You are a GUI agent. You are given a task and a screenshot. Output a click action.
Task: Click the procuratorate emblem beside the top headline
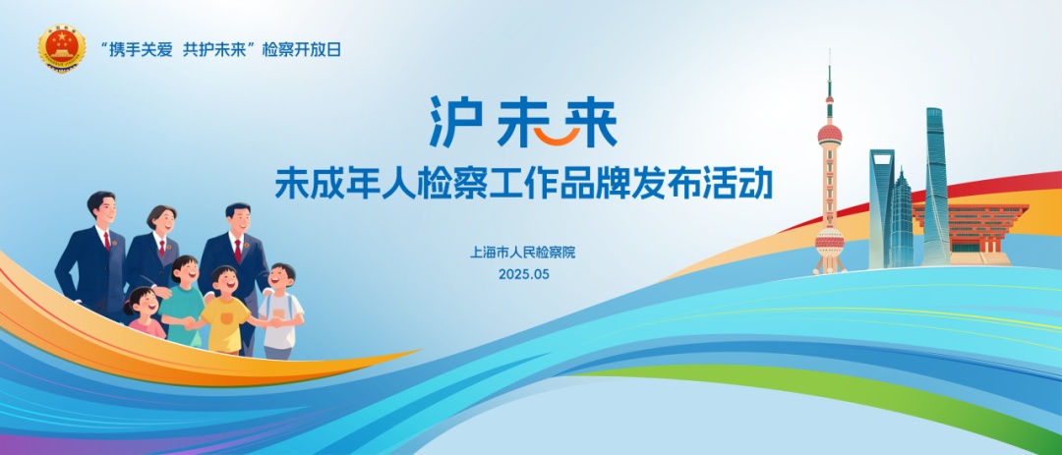(62, 49)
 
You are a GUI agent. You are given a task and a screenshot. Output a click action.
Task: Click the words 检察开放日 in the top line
(302, 49)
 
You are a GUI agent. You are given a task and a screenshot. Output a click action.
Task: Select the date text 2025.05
(523, 275)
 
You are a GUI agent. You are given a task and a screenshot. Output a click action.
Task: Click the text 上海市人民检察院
(522, 254)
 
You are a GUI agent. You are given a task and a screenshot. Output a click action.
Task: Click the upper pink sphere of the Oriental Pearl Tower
(830, 134)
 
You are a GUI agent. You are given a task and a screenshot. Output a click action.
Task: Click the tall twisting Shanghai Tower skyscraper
(937, 186)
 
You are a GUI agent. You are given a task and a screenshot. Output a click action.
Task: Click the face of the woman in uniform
(162, 221)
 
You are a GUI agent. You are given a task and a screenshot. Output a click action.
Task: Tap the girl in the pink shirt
(145, 313)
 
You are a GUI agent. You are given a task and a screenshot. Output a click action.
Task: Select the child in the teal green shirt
(182, 302)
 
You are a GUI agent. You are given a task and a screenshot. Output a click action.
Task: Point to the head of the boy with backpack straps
(281, 277)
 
